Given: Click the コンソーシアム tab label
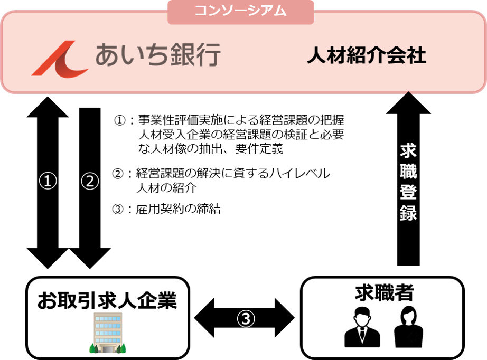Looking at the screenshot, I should coord(240,11).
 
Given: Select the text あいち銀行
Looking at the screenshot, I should coord(157,55).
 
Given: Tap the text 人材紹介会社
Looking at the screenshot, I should coord(366,55).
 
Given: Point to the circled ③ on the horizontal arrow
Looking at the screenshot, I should coord(245,318).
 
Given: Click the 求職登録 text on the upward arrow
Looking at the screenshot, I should coord(408,182).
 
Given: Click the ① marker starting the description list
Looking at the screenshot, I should coord(120,120).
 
